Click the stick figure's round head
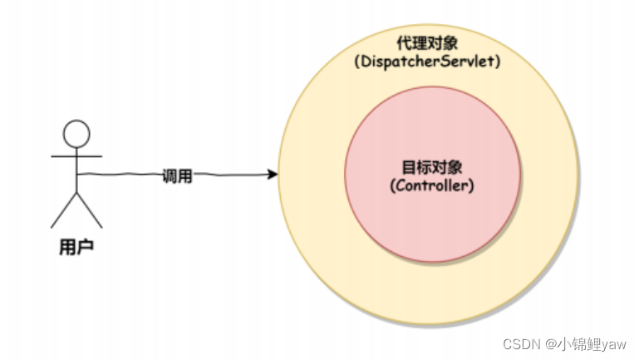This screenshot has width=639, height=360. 76,133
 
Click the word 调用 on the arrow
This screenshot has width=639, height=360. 177,175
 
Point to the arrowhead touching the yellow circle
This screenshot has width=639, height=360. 272,175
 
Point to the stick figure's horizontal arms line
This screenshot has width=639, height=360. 76,156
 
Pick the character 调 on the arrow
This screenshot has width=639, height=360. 170,175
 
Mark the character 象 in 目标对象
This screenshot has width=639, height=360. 455,166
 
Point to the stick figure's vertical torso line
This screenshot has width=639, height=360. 76,170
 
